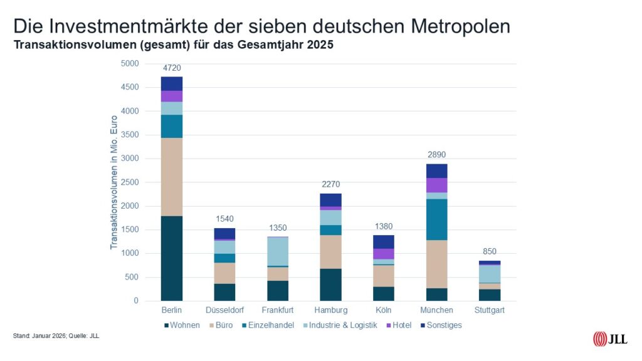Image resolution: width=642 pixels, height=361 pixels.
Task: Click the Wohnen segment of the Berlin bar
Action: [x=171, y=258]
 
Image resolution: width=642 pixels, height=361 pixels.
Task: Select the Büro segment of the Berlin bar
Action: [x=171, y=177]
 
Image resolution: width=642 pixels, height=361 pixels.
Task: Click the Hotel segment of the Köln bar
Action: [x=383, y=254]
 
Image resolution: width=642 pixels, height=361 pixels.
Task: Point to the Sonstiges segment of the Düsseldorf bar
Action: [x=224, y=233]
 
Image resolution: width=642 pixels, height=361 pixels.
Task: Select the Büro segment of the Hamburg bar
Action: [x=330, y=251]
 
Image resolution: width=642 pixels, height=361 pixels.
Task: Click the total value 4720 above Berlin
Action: [x=171, y=68]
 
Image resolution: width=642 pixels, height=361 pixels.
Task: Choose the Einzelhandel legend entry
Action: [x=270, y=325]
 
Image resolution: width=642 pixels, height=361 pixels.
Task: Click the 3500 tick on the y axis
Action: [x=129, y=135]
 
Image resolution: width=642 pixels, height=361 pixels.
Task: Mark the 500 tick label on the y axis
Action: [x=132, y=277]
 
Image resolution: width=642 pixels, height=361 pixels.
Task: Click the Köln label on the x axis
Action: [x=383, y=310]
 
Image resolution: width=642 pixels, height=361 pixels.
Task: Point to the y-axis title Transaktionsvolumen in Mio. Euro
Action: [x=114, y=182]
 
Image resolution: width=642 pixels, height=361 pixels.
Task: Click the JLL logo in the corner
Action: [x=609, y=339]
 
